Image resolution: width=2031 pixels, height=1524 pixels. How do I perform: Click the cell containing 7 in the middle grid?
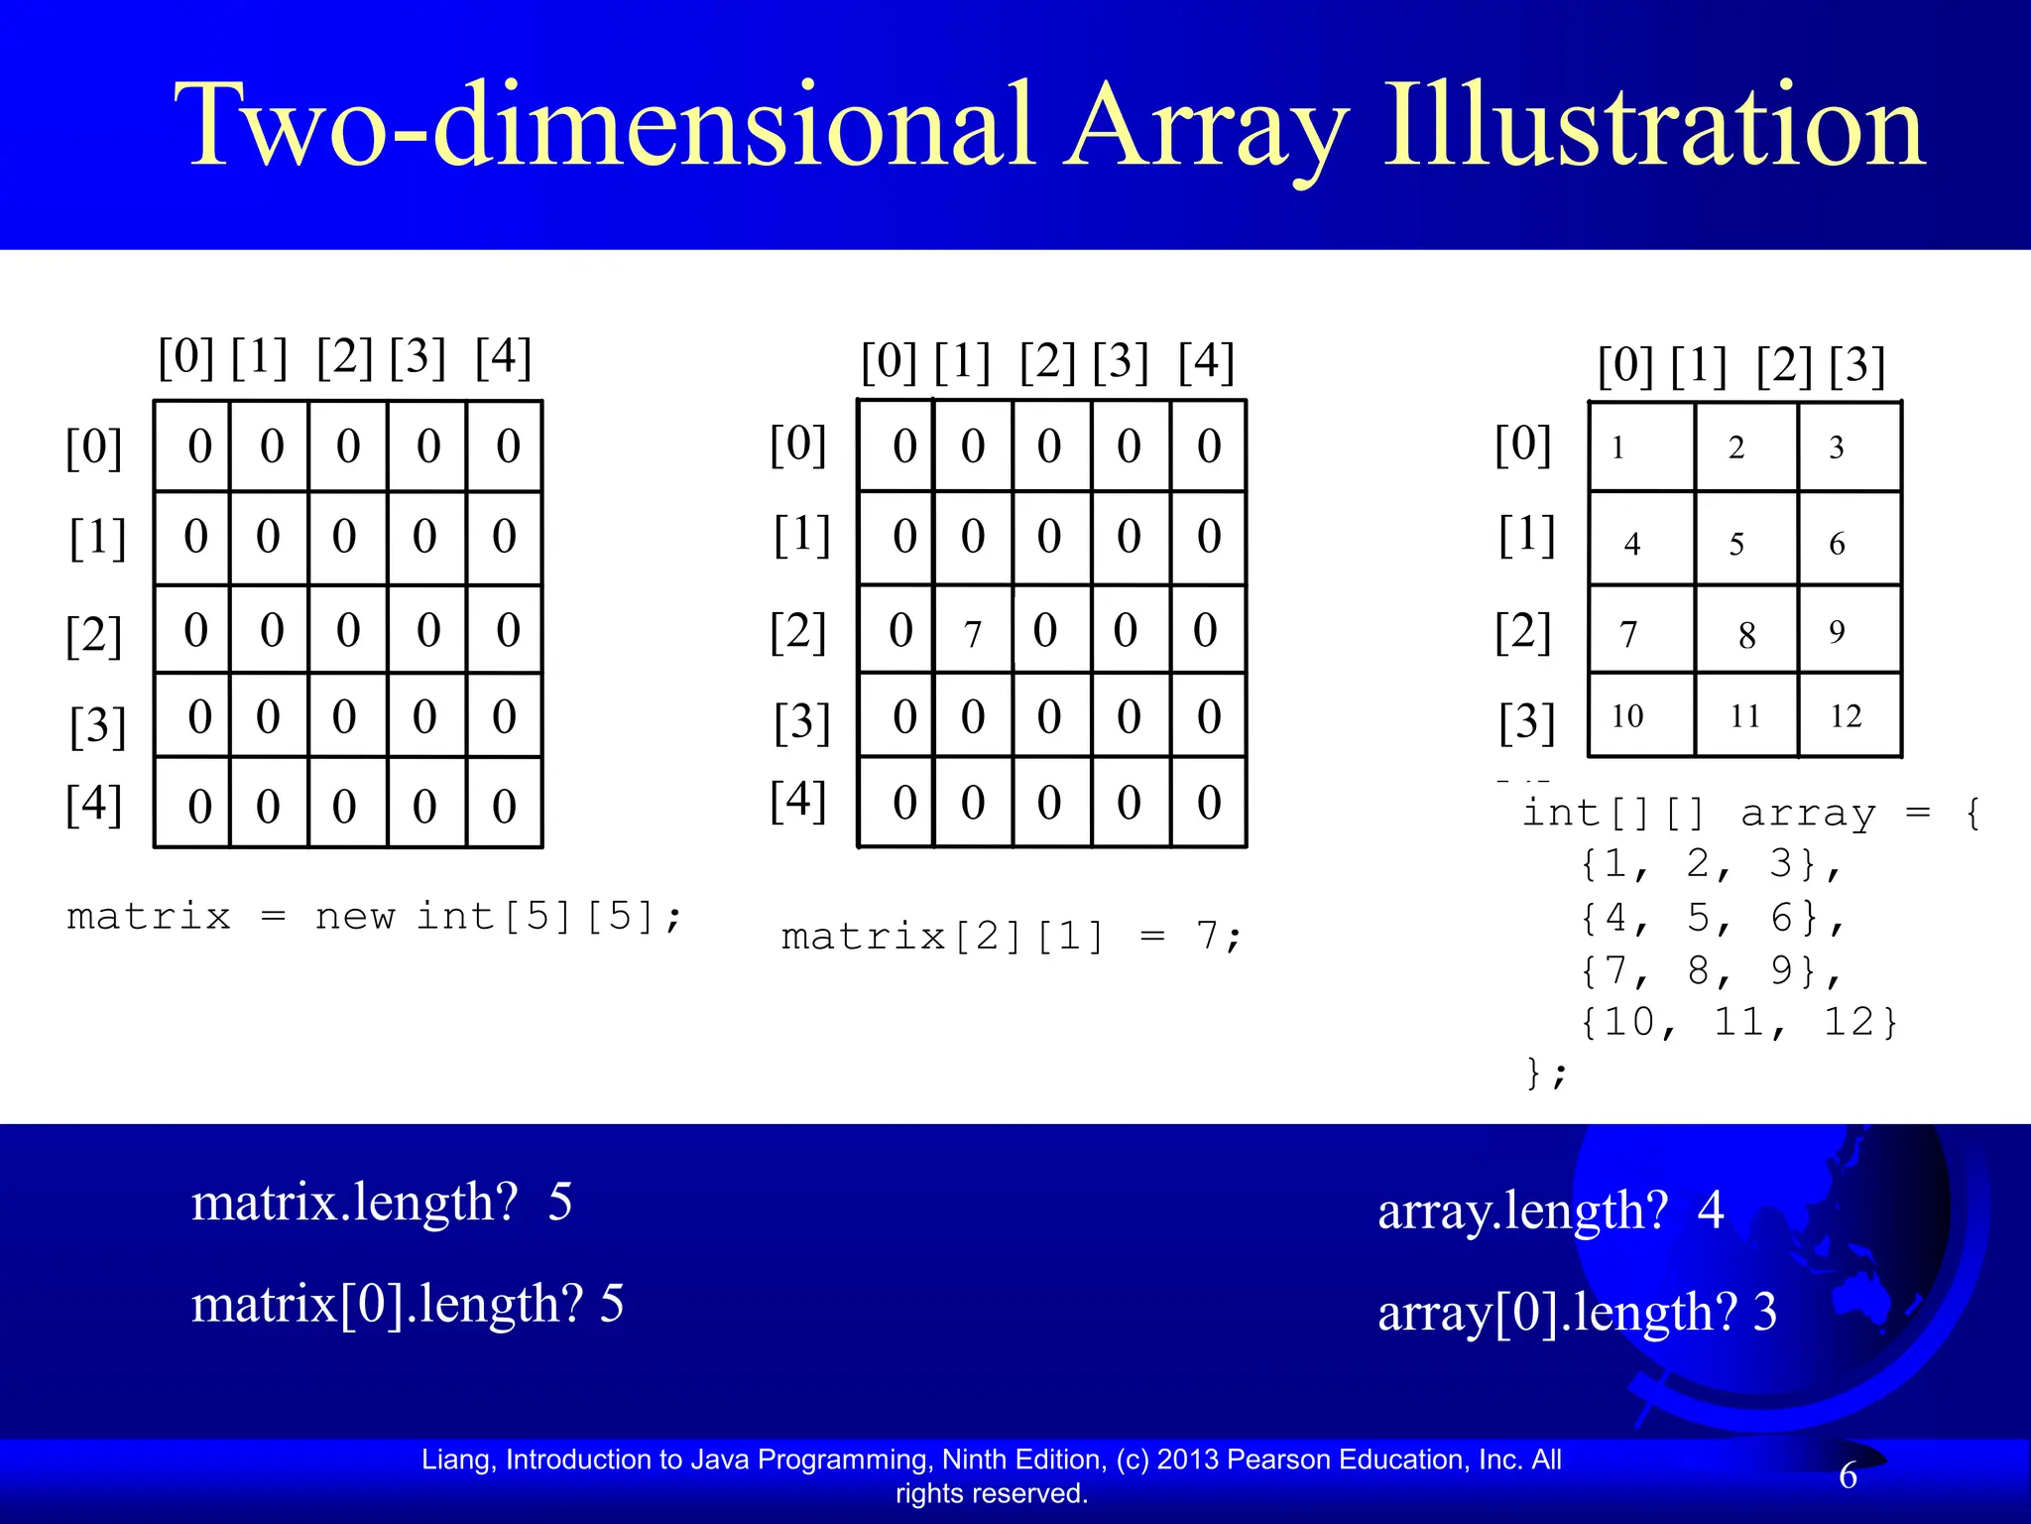point(973,631)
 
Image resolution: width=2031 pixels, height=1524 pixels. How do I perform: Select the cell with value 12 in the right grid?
point(1848,715)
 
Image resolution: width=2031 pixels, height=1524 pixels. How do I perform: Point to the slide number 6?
point(1848,1475)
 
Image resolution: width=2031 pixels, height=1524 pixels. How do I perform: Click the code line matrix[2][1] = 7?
point(1012,936)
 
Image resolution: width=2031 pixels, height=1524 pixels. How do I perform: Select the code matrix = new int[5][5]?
point(375,916)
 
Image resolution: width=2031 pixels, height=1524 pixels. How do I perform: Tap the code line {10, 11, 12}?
point(1737,1022)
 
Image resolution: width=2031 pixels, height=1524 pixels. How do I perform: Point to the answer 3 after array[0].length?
point(1765,1312)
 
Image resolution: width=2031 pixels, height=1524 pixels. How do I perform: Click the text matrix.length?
point(354,1203)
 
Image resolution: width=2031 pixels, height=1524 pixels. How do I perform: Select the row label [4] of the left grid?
point(94,804)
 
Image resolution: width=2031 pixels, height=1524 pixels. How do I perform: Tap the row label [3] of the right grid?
point(1526,721)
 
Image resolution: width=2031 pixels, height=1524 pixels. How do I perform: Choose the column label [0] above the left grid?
point(186,356)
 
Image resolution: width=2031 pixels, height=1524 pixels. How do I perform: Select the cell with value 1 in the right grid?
point(1618,447)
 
